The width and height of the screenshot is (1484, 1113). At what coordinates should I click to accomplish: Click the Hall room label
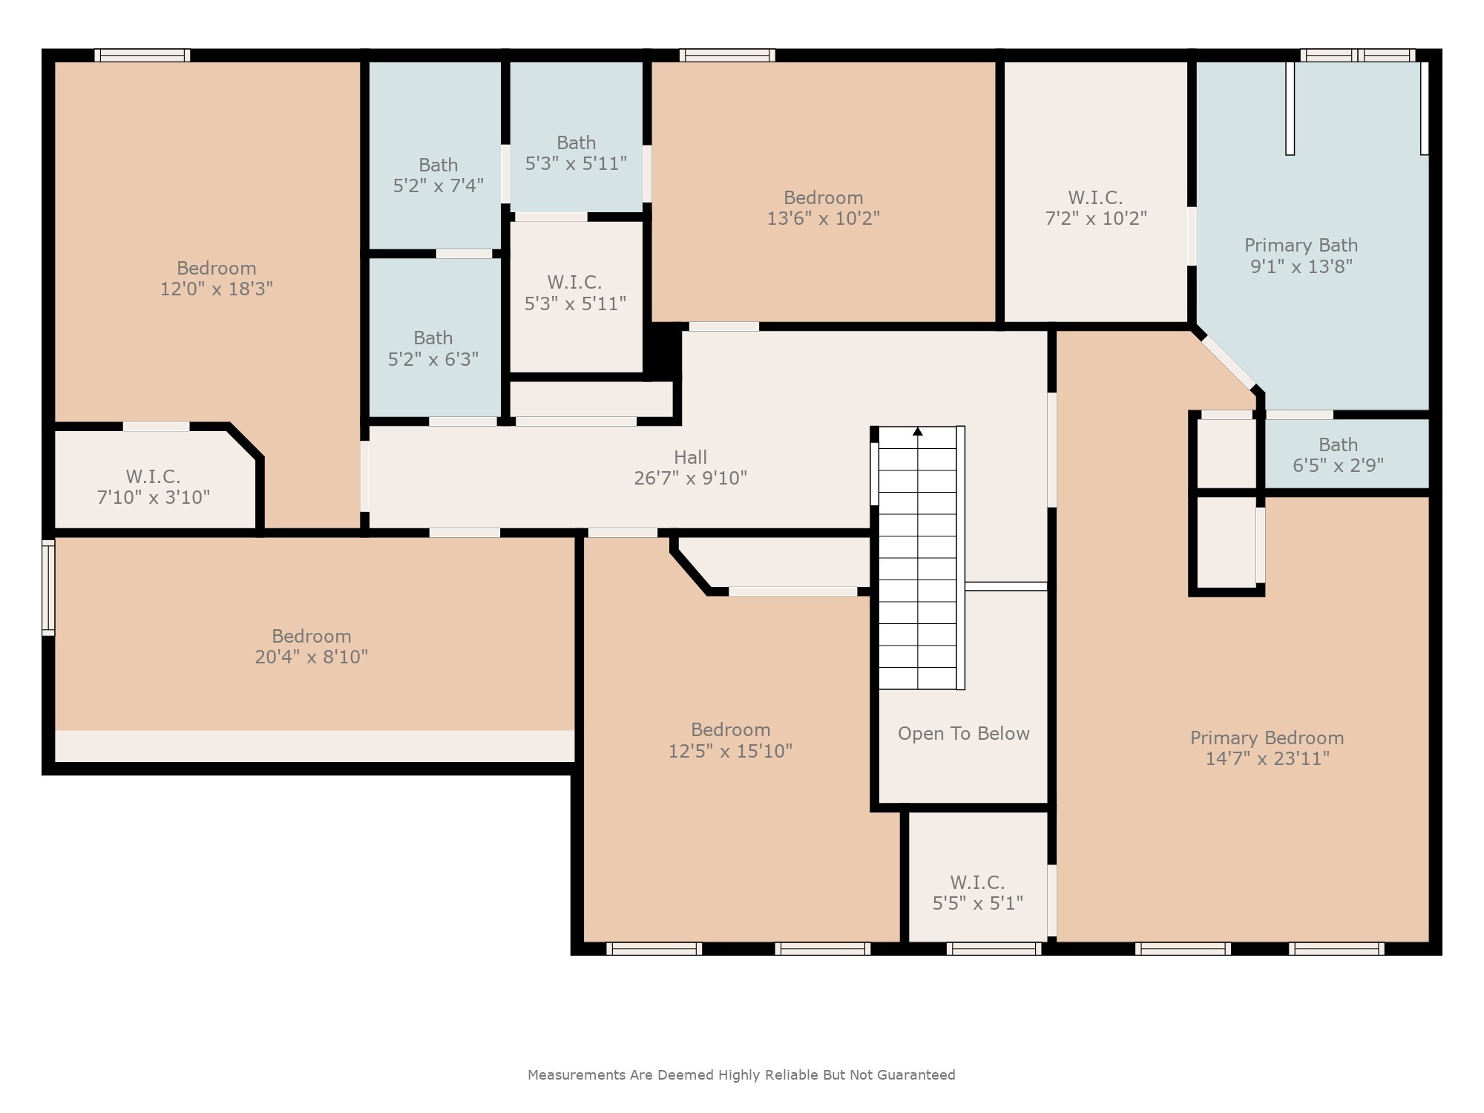690,457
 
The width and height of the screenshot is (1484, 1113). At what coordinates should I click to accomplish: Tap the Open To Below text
963,734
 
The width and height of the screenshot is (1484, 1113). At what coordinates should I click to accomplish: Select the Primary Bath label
1301,246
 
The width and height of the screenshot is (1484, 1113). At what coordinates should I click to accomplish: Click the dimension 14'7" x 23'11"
1267,758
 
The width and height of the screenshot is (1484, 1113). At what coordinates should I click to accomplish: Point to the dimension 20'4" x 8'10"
311,657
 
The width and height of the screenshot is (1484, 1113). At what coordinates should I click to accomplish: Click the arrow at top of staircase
918,432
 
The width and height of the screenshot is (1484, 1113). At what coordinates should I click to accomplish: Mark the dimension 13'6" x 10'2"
823,219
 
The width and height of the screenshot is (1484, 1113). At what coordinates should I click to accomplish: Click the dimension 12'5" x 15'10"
730,751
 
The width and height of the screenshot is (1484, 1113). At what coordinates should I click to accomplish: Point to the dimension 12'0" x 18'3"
216,289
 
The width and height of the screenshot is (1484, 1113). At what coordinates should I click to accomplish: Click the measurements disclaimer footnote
741,1074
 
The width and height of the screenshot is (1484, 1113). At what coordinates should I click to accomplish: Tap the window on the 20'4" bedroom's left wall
48,588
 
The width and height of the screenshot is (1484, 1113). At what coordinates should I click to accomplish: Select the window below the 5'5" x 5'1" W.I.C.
994,948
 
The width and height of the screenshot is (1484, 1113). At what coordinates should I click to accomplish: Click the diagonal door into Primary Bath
1229,363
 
